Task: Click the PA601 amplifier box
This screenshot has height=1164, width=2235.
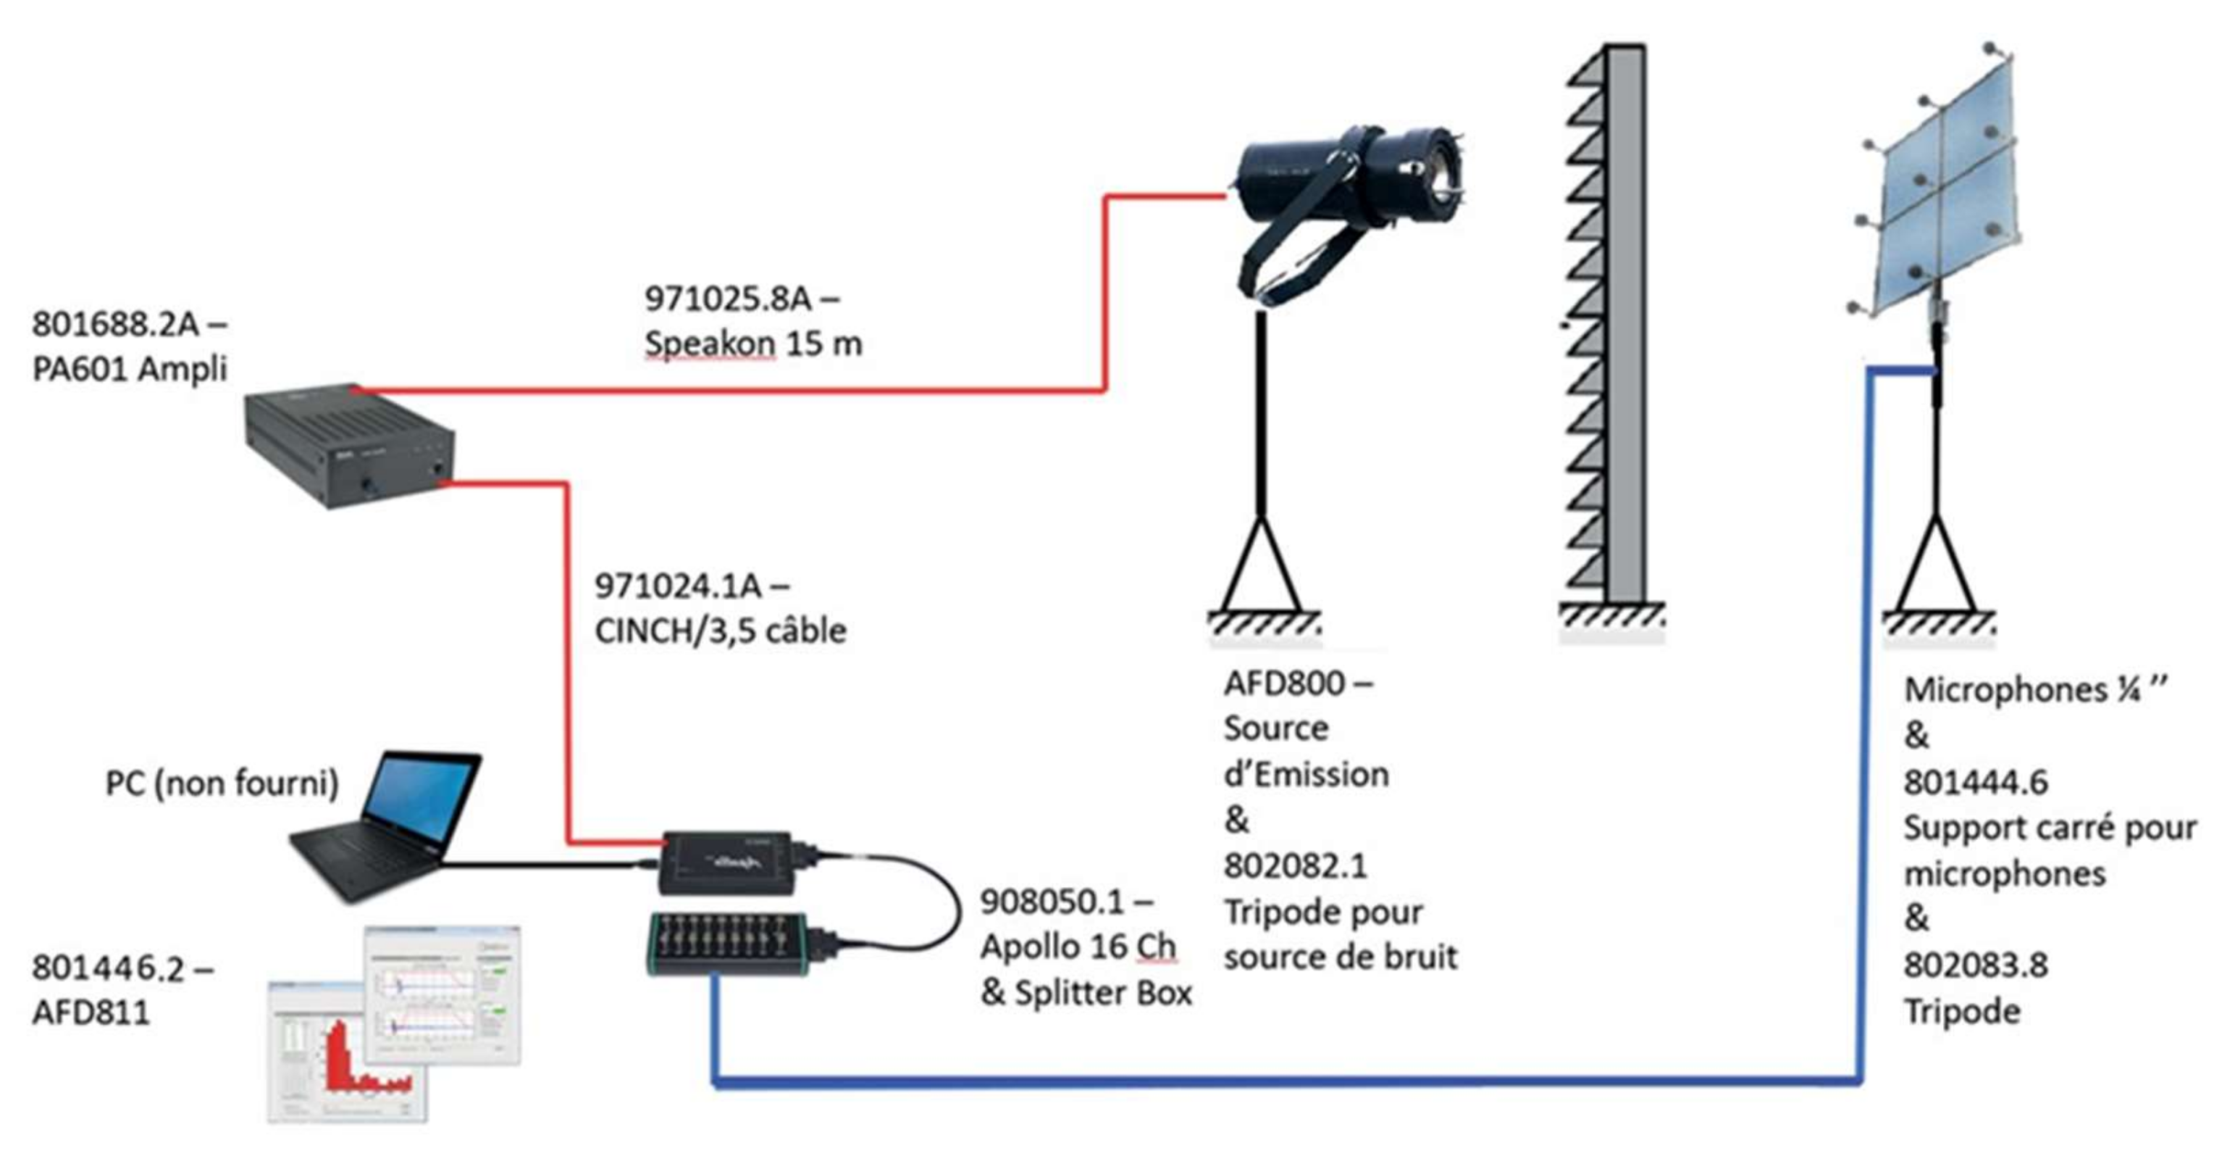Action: tap(349, 446)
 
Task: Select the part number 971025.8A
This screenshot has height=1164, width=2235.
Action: tap(728, 299)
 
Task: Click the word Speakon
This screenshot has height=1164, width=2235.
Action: tap(710, 344)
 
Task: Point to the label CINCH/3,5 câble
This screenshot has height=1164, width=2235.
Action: tap(720, 631)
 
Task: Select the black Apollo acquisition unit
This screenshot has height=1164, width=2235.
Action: tap(727, 862)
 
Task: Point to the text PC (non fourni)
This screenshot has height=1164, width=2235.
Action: tap(222, 783)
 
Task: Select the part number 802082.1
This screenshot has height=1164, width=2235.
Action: tap(1296, 865)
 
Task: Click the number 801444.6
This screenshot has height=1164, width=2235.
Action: tap(1976, 782)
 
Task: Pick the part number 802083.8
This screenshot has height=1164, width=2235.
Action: tap(1976, 965)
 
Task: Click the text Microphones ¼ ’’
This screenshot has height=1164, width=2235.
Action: tap(2034, 690)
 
